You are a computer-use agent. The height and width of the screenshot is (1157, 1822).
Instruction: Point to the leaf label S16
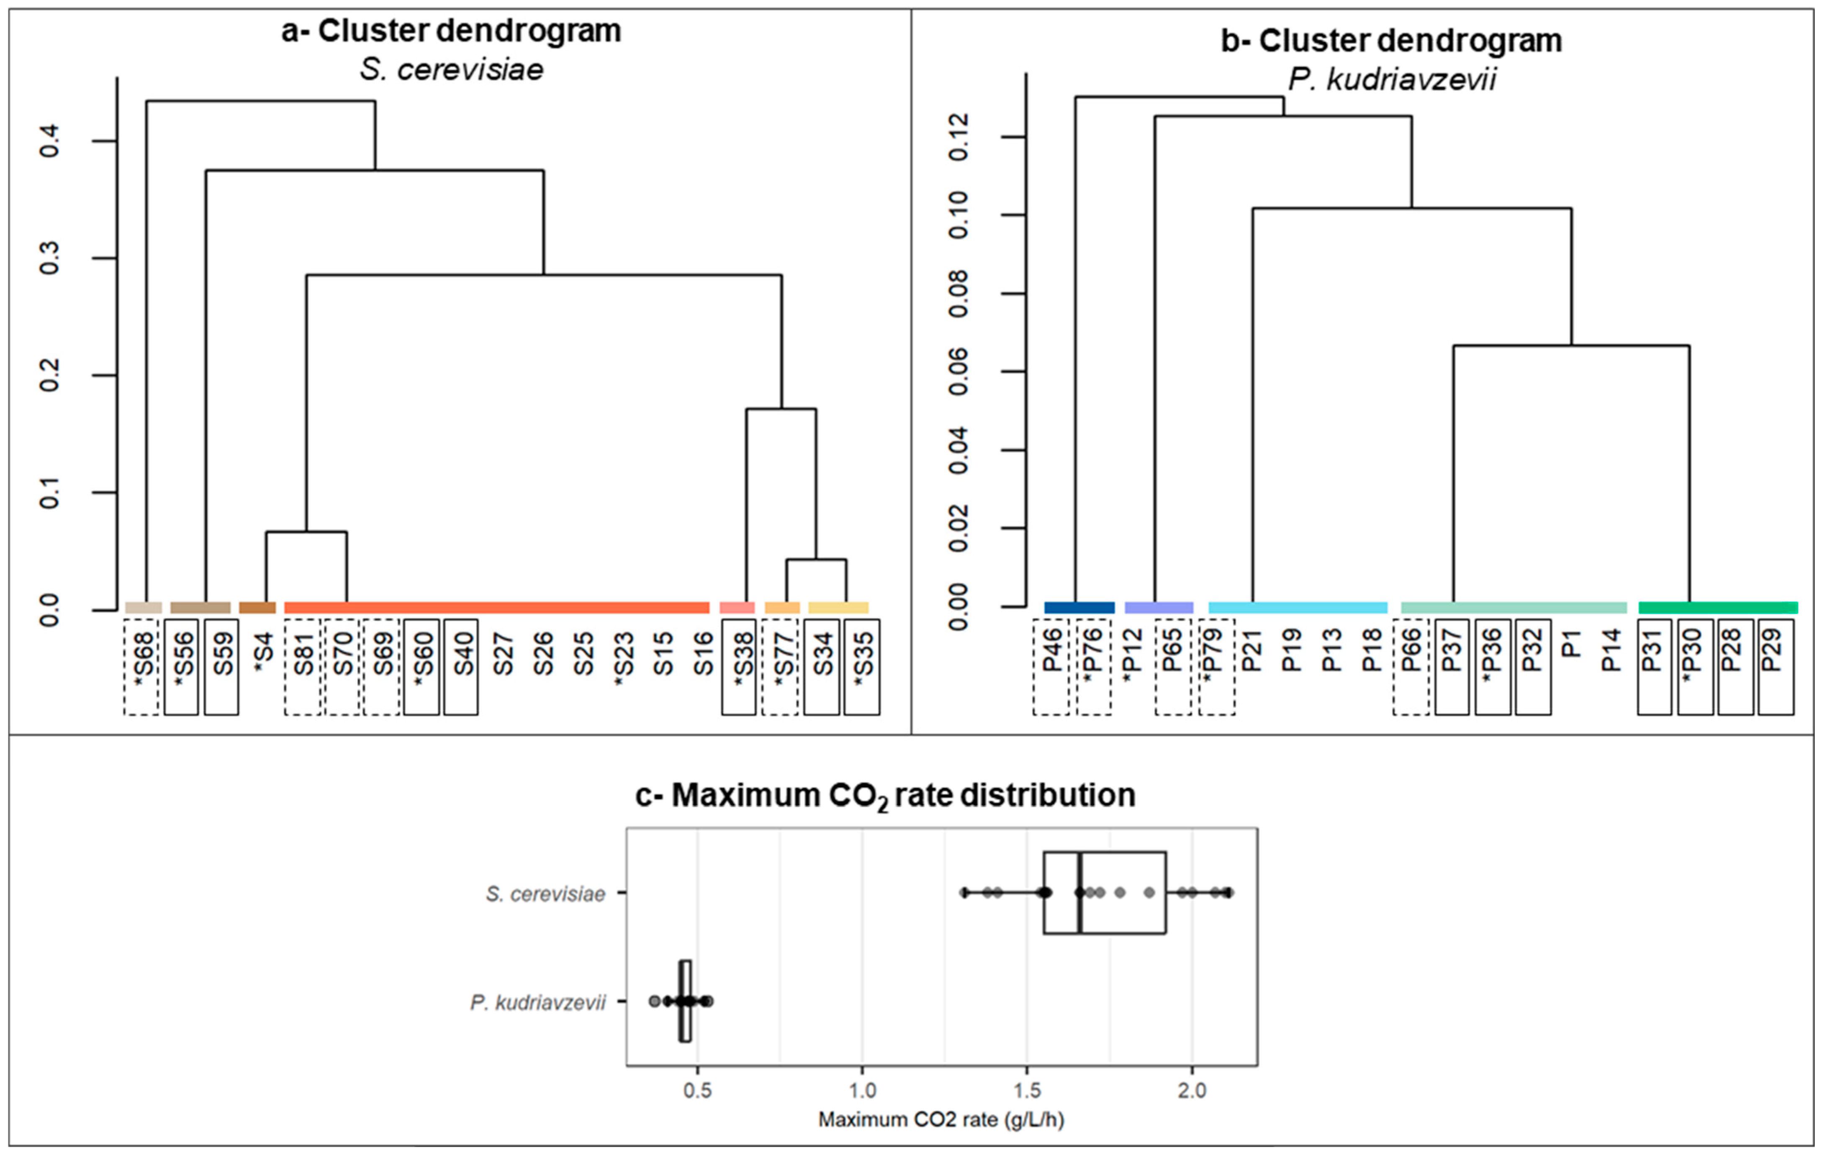tap(702, 655)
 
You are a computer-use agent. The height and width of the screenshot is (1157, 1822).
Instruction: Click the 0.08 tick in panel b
tap(958, 293)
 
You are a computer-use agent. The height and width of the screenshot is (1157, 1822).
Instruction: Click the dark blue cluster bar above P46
tap(1079, 607)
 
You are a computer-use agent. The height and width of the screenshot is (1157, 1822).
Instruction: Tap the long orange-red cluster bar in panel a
tap(496, 607)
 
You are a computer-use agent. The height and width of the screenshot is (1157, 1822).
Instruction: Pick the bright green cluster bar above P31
tap(1718, 607)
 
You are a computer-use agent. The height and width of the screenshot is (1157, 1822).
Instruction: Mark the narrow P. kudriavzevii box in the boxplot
tap(685, 1001)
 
